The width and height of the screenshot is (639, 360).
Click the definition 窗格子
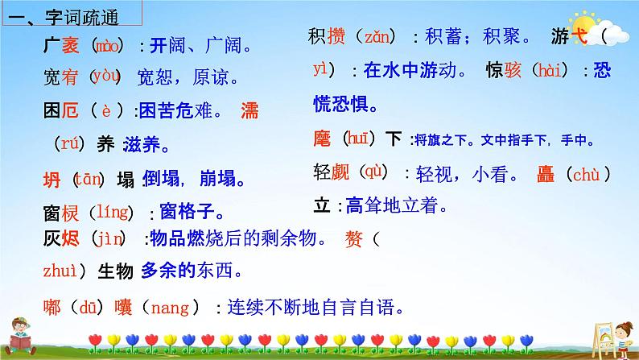(191, 213)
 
